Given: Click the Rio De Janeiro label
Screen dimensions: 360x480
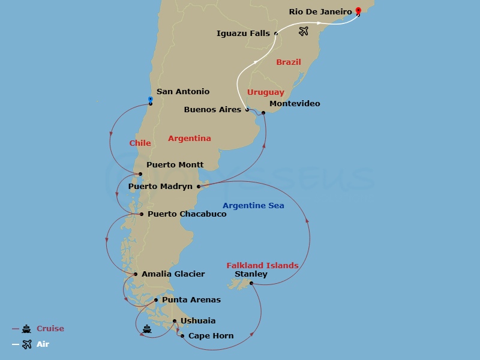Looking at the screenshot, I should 320,11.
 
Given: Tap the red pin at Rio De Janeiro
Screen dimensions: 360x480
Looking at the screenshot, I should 358,11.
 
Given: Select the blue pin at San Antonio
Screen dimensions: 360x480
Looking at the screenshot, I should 150,100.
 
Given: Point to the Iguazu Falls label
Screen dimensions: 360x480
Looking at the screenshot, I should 243,34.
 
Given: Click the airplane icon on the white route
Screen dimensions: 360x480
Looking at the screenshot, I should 304,31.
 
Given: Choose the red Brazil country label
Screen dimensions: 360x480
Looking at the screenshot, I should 289,62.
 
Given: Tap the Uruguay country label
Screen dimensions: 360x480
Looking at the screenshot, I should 265,92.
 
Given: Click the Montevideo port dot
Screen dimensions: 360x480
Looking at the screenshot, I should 263,113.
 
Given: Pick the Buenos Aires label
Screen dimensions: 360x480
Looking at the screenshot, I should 212,110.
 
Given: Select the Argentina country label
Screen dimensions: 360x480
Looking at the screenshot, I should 190,139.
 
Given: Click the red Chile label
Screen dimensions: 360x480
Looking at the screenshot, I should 140,143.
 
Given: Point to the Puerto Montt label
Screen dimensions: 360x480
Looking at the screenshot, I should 175,164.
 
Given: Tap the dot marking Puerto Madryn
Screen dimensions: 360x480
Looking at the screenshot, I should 199,187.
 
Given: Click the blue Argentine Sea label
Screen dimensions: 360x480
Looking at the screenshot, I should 253,206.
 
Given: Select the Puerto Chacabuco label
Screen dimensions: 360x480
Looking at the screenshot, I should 187,214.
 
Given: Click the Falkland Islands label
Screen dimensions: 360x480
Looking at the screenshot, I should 262,265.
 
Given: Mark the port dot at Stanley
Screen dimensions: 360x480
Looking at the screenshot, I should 251,283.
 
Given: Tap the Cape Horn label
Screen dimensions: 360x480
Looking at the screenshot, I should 211,336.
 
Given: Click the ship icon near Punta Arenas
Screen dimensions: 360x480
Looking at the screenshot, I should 146,328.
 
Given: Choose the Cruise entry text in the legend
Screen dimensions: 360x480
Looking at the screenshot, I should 50,329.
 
